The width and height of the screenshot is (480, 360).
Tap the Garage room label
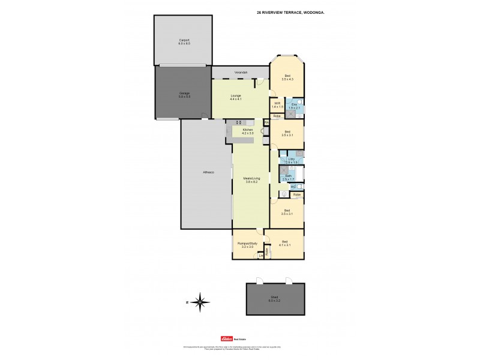pyautogui.click(x=184, y=94)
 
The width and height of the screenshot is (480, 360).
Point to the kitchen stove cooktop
pyautogui.click(x=239, y=122)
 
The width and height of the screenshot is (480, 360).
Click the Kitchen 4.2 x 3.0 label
pyautogui.click(x=247, y=131)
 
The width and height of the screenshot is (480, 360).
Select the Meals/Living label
pyautogui.click(x=251, y=179)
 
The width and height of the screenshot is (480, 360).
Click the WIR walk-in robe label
pyautogui.click(x=277, y=105)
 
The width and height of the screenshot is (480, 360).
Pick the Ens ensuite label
pyautogui.click(x=294, y=107)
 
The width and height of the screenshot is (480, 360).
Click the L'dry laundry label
pyautogui.click(x=292, y=160)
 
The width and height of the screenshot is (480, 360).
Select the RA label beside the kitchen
pyautogui.click(x=266, y=122)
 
